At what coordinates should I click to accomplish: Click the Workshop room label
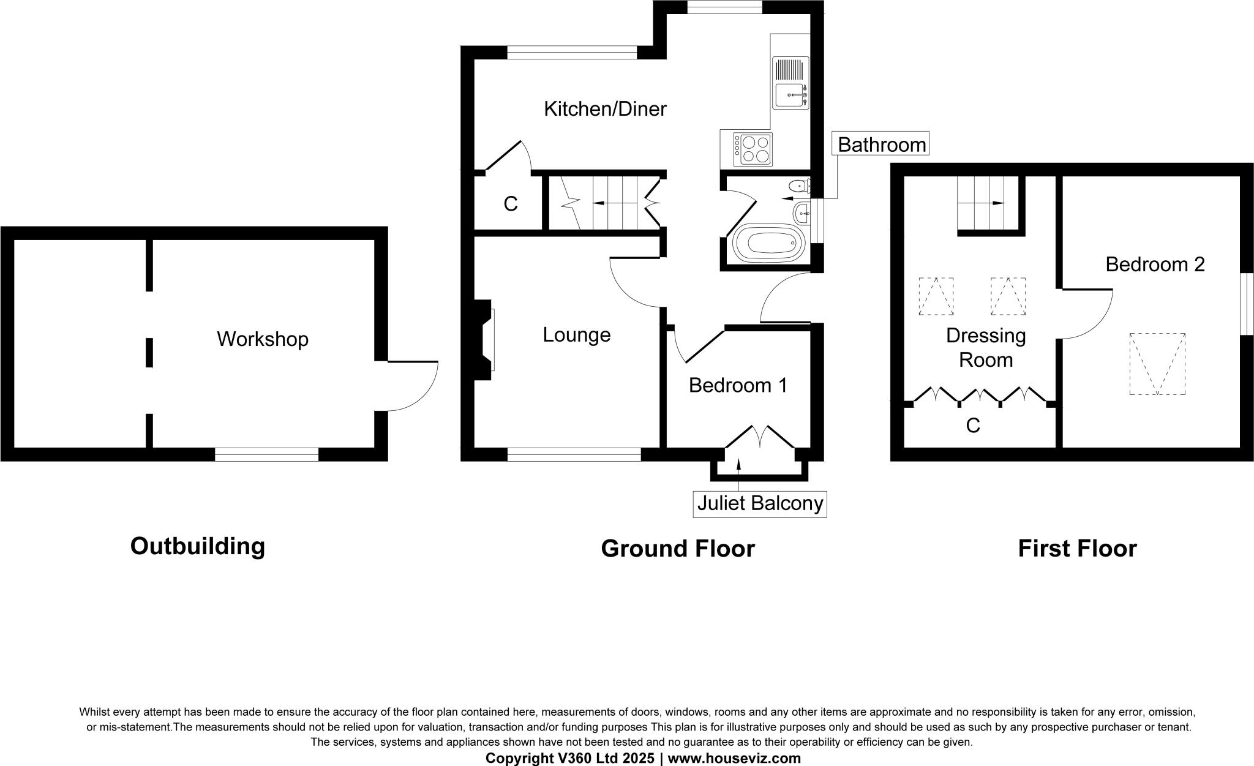point(262,339)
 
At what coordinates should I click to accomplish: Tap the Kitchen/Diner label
point(605,109)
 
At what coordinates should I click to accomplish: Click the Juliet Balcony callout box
point(760,503)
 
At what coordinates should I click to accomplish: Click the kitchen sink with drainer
point(790,83)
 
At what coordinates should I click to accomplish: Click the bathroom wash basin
point(802,214)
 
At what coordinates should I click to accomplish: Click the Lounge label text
point(576,335)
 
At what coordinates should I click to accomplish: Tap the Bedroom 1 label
point(737,385)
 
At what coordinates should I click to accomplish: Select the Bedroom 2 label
point(1155,265)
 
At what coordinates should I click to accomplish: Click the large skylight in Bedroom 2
point(1157,364)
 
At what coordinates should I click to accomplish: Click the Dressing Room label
point(985,347)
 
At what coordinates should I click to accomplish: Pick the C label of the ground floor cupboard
point(510,204)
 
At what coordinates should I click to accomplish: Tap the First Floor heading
point(1076,548)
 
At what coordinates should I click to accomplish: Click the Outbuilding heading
point(197,546)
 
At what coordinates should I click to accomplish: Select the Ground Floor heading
point(677,548)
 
